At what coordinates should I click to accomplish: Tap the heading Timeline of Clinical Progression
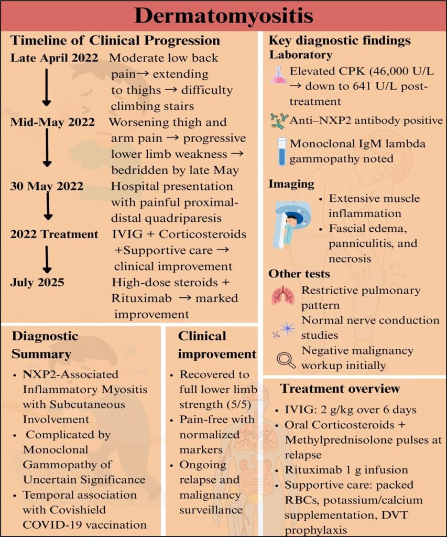(x=116, y=40)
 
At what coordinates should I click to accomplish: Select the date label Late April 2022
(x=54, y=58)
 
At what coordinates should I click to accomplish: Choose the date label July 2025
(x=37, y=283)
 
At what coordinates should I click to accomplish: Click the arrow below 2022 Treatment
(x=47, y=259)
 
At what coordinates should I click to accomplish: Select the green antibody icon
(x=278, y=120)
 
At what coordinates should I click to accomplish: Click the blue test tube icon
(x=282, y=152)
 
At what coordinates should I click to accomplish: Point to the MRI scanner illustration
(x=291, y=223)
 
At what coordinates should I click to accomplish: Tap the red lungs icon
(x=282, y=296)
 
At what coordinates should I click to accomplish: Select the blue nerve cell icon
(x=286, y=329)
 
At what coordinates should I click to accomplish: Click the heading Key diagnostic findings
(x=340, y=40)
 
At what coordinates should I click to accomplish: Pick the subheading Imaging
(x=291, y=184)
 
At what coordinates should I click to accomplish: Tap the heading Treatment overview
(x=340, y=389)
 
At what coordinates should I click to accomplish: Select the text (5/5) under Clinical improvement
(x=239, y=404)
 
